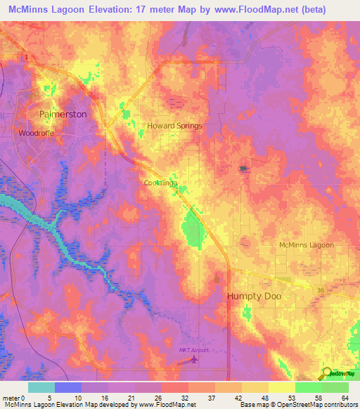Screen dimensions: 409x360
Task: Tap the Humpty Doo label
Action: tap(254, 297)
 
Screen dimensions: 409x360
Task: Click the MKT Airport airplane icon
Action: tap(195, 361)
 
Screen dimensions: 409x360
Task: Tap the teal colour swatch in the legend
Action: tap(41, 387)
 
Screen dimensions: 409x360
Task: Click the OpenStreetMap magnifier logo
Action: tap(326, 372)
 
